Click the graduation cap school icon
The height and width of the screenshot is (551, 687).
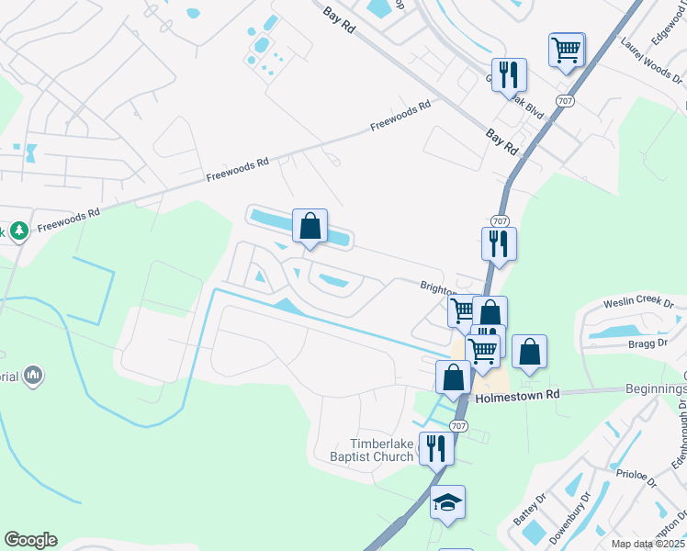tap(447, 502)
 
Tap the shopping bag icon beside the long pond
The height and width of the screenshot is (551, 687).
tap(310, 225)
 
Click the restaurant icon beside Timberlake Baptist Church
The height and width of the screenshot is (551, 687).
tap(435, 447)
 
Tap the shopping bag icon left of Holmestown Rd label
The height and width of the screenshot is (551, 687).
tap(453, 376)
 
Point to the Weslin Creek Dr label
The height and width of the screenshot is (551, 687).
tap(638, 303)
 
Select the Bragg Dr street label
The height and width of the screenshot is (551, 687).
tap(648, 343)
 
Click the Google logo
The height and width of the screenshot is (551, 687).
tap(30, 540)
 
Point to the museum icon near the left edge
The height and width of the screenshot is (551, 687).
tap(33, 375)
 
